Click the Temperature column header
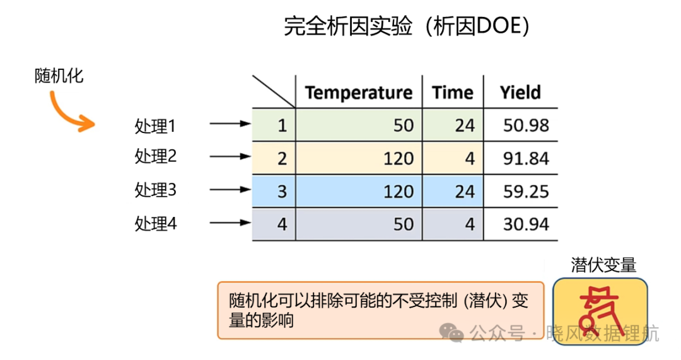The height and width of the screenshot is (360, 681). click(358, 93)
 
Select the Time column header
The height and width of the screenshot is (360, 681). click(452, 93)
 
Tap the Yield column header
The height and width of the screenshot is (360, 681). click(520, 93)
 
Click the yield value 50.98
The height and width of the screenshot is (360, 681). click(526, 125)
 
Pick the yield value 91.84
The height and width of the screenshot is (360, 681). click(526, 158)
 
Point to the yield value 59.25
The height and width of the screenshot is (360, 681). click(526, 192)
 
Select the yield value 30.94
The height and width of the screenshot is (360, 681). click(526, 224)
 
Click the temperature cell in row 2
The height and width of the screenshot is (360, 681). click(359, 158)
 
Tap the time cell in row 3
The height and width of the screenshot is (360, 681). click(453, 192)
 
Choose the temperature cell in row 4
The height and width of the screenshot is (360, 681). click(359, 224)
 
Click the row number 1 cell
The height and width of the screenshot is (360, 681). click(274, 125)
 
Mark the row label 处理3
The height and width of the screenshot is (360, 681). click(156, 190)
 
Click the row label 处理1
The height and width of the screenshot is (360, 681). click(155, 126)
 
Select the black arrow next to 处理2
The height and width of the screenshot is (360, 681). click(230, 156)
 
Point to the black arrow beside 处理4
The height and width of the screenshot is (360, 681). click(230, 223)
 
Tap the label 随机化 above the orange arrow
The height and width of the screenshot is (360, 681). click(59, 76)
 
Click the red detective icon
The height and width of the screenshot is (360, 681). click(600, 311)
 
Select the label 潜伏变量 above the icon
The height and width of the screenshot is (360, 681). click(603, 265)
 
